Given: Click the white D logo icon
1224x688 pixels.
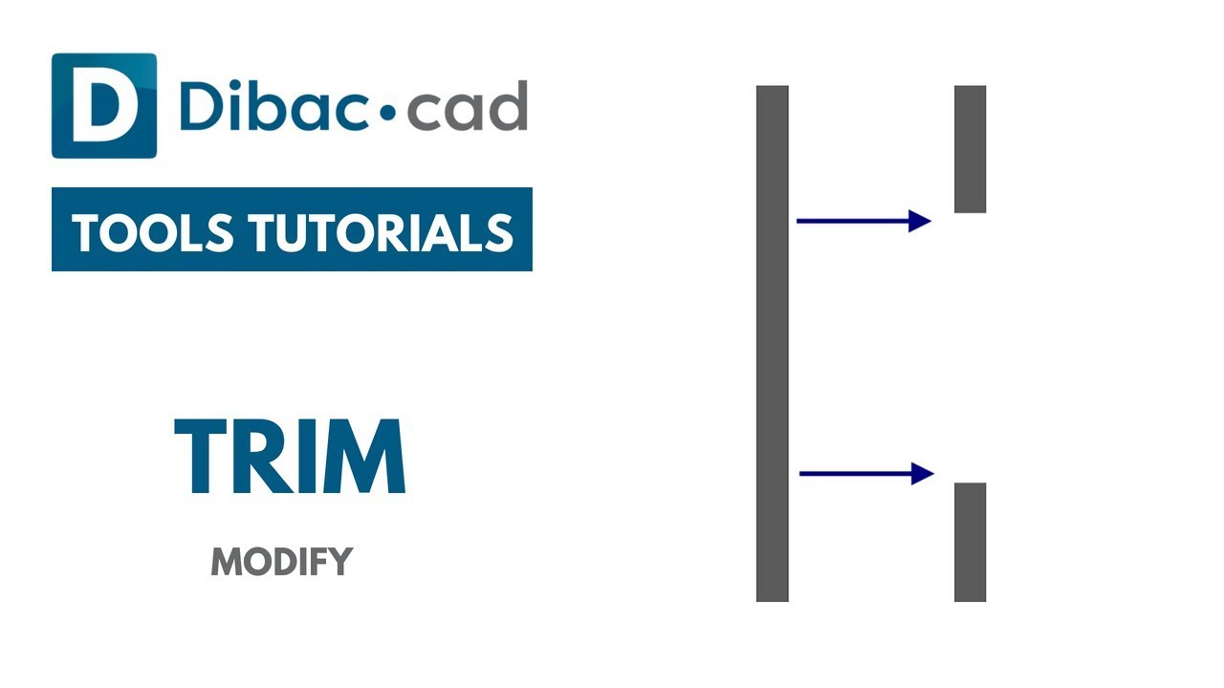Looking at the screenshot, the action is coord(103,106).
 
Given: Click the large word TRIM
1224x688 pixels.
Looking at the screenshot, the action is coord(290,457).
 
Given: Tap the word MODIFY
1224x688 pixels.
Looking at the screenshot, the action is coord(282,562).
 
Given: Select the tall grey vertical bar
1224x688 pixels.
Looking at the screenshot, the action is coord(773,344).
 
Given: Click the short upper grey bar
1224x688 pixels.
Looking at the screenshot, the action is coord(970,149).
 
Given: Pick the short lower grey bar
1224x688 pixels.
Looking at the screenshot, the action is coord(970,542).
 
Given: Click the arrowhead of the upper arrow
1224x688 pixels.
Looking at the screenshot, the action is coord(920,222).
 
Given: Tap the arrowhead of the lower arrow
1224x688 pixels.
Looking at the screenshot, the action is coord(923,473).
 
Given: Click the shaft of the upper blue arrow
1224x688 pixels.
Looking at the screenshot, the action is coord(851,222).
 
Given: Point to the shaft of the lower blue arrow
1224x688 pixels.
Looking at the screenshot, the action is coord(854,473).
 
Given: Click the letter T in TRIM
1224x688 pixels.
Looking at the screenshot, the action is coord(202,457).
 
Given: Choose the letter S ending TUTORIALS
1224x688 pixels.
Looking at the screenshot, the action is coord(499,232).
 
